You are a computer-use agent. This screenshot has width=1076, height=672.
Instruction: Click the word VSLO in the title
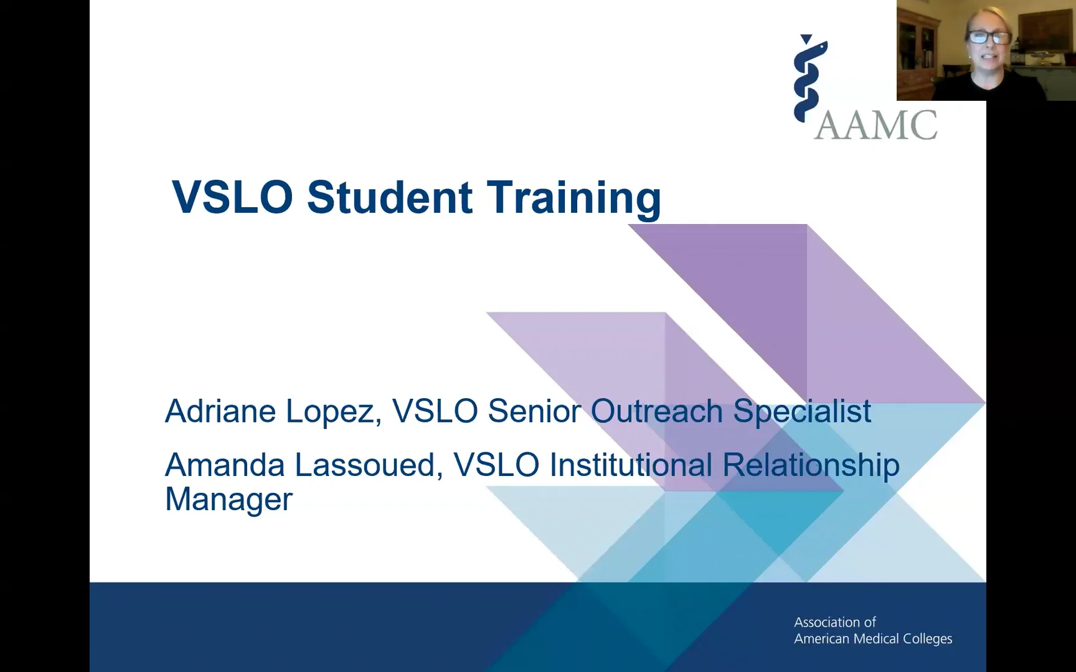click(x=232, y=197)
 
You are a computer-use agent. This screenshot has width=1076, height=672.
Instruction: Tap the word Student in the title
click(x=390, y=197)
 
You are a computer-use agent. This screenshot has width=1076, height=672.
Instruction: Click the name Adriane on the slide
click(x=220, y=411)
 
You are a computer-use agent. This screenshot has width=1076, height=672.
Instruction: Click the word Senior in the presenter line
click(x=534, y=411)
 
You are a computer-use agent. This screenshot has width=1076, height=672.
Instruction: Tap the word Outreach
click(x=656, y=411)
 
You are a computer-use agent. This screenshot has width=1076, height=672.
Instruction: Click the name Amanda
click(x=225, y=465)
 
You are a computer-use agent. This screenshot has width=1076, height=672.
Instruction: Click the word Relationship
click(x=811, y=466)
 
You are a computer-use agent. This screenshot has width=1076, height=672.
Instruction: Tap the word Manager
click(x=229, y=499)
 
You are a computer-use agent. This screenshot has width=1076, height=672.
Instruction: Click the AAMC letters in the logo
click(x=875, y=125)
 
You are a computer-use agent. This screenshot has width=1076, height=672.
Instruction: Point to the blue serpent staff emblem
click(x=809, y=78)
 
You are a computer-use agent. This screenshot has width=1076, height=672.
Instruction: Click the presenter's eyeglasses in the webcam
click(x=988, y=37)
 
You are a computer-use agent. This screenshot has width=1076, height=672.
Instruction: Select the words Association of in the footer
click(x=834, y=622)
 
